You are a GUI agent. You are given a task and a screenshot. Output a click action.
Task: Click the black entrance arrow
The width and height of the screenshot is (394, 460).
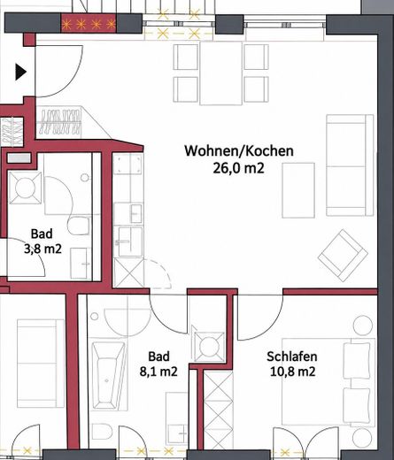[x=20, y=72]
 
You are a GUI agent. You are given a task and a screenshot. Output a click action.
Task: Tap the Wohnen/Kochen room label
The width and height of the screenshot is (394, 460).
[x=239, y=150]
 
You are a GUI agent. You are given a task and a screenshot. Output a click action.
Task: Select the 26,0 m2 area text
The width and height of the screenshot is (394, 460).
[x=238, y=168]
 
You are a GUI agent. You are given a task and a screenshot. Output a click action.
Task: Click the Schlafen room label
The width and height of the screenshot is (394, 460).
[x=292, y=356]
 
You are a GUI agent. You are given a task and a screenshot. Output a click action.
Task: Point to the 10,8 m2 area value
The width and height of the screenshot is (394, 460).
[x=292, y=372]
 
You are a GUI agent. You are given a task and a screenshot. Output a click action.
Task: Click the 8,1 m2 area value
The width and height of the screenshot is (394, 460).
[x=158, y=372]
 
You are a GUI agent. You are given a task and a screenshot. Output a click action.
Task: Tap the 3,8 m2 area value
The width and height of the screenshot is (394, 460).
[x=42, y=249]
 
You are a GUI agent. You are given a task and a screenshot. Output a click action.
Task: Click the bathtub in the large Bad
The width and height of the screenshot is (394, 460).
[x=108, y=376]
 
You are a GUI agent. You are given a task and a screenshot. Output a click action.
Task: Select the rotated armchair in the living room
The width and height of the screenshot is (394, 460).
[x=343, y=256]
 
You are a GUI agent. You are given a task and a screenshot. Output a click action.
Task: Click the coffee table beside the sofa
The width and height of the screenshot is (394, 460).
[x=298, y=190]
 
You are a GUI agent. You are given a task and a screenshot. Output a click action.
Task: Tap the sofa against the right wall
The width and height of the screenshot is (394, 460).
[x=350, y=165]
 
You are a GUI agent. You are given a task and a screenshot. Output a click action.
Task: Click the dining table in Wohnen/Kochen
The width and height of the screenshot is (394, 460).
[x=221, y=73]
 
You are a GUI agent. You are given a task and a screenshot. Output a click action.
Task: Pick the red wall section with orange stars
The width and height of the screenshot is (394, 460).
[x=89, y=23]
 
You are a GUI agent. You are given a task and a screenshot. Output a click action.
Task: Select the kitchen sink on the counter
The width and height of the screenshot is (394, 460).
[x=130, y=241]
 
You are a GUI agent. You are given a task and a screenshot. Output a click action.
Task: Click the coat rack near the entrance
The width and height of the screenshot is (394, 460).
[x=60, y=123]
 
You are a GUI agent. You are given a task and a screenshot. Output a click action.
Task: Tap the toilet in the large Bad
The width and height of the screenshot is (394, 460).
[x=102, y=432]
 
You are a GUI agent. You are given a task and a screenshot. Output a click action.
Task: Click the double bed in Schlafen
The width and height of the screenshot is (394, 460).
[x=328, y=381]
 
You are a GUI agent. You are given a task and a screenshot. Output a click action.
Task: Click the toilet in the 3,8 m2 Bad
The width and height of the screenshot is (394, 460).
[x=79, y=226]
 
